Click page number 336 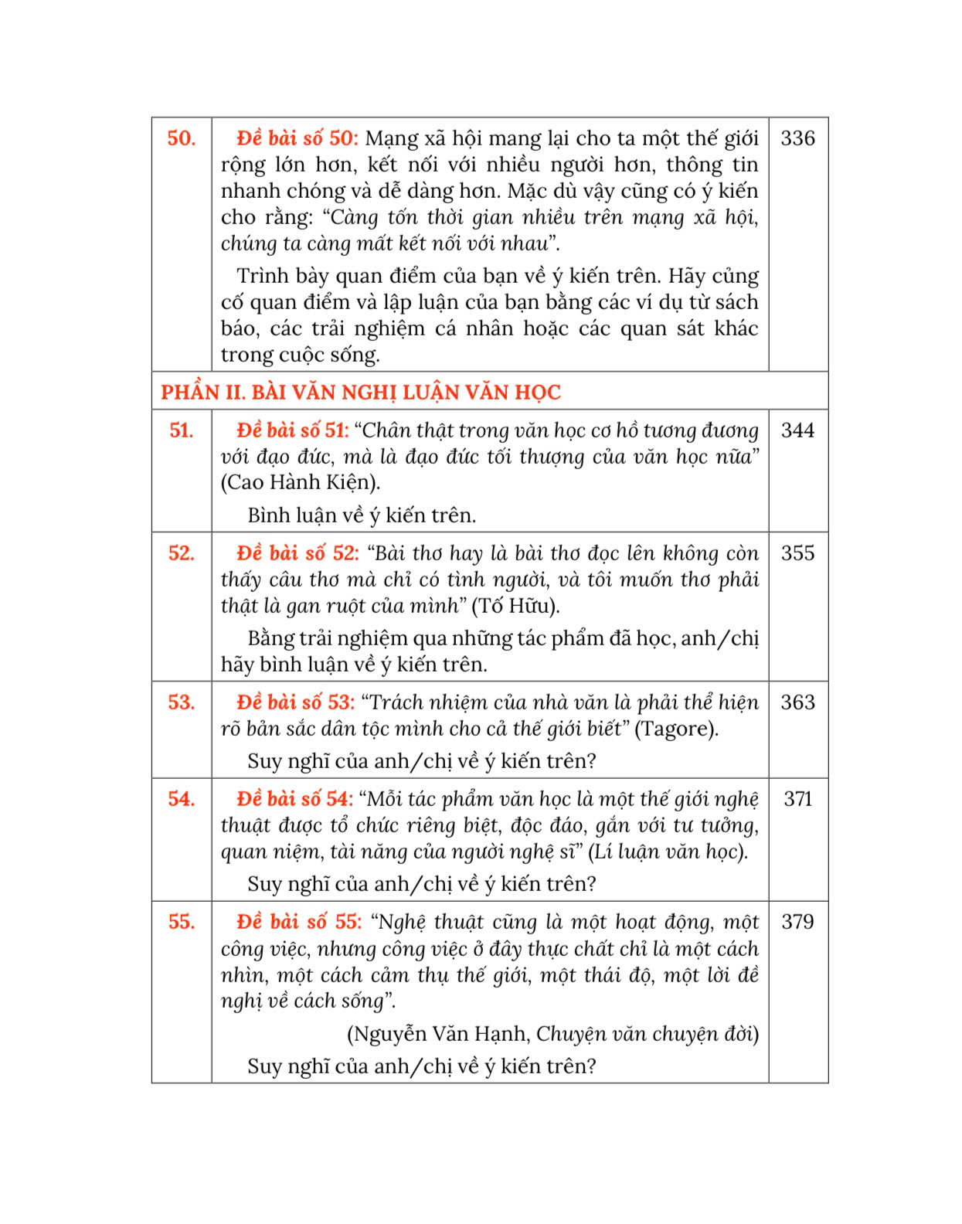coord(797,138)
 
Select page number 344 coord(797,430)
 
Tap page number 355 coord(797,553)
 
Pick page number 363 coord(797,702)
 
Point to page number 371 coord(797,799)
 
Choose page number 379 coord(797,922)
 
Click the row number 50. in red coord(181,138)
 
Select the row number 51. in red coord(181,430)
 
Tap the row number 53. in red coord(181,702)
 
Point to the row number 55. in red coord(181,922)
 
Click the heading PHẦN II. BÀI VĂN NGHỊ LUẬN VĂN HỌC coord(360,393)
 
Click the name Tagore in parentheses coord(676,729)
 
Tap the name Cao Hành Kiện coord(300,483)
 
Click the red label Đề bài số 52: coord(297,553)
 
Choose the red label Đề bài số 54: coord(294,799)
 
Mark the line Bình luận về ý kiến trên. coord(362,515)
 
